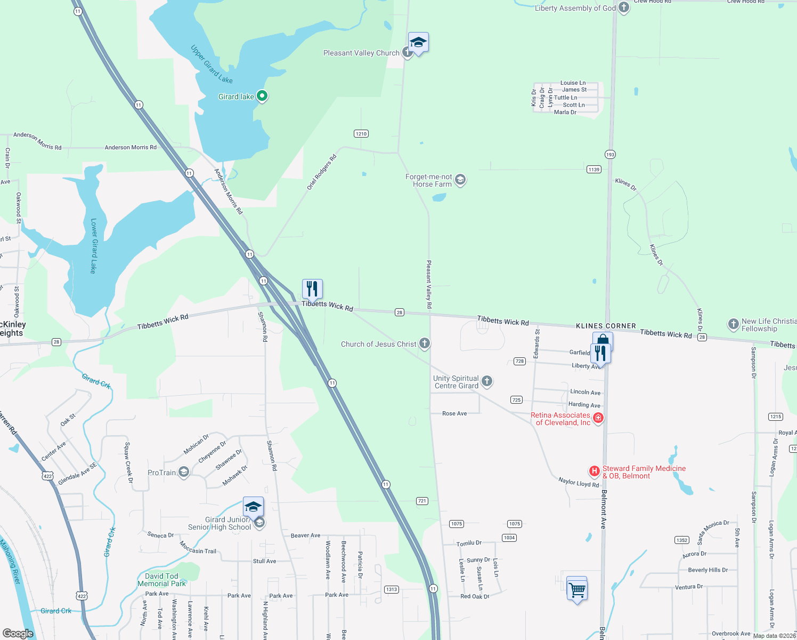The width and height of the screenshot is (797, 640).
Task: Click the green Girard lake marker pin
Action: coord(262,96)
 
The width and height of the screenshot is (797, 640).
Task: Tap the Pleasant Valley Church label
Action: coord(361,53)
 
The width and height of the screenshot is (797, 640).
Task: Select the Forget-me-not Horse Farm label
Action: coord(429,180)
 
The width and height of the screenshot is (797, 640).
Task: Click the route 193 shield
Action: coord(610,154)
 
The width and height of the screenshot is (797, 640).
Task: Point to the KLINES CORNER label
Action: coord(606,326)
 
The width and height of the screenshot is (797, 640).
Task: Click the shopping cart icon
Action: coord(577,590)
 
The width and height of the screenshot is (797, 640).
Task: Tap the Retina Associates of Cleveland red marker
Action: coord(598,418)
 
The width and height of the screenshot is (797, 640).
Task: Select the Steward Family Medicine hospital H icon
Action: coord(593,471)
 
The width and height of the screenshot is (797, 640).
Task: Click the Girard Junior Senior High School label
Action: coord(219,523)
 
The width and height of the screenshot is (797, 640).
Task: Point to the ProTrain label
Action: coord(161,473)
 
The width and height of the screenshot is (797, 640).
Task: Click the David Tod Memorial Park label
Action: coord(162,580)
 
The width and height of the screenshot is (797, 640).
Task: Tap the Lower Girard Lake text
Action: coord(94,245)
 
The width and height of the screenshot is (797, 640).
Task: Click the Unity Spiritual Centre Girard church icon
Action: coord(487,381)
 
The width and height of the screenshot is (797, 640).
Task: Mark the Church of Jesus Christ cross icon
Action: coord(425,343)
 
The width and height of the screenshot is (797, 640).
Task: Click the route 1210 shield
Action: coord(361,133)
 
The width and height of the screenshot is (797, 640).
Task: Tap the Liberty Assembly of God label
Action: coord(575,8)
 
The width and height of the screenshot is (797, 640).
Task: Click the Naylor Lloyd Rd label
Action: coord(579,482)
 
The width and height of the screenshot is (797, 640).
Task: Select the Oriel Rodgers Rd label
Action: coord(322,172)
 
